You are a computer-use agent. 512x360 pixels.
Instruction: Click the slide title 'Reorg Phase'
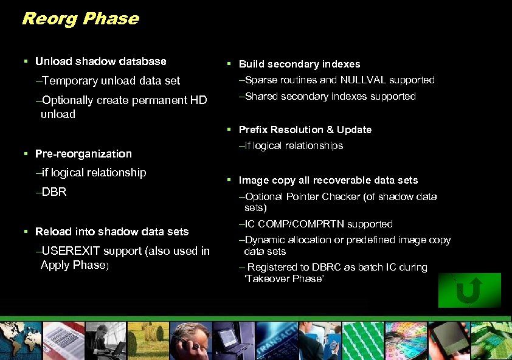click(80, 19)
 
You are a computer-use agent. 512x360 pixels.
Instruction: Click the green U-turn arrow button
click(469, 290)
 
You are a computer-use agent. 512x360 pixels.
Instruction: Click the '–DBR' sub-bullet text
click(51, 192)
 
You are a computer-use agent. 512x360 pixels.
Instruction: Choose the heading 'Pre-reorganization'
click(83, 154)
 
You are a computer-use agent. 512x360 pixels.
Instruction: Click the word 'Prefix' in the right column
click(253, 130)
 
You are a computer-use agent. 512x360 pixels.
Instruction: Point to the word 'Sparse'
click(260, 80)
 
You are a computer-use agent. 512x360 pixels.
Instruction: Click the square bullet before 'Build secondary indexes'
click(229, 64)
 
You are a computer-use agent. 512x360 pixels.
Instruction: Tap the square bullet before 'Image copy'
click(229, 180)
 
